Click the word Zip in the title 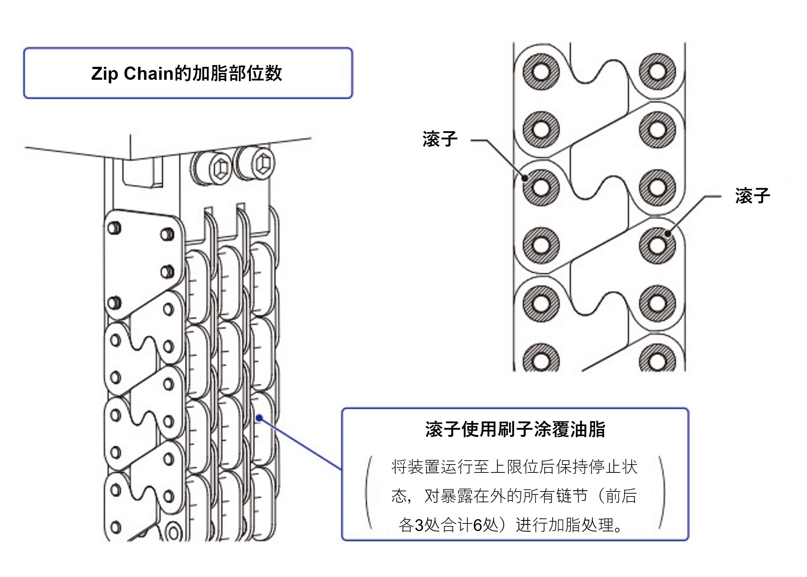point(104,74)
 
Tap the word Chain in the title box point(149,74)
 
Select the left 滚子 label point(440,139)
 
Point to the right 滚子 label point(752,196)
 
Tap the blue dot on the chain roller point(259,418)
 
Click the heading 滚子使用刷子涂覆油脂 point(515,429)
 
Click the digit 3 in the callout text point(419,526)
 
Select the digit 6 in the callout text point(477,526)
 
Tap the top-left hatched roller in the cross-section point(540,72)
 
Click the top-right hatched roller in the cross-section point(657,72)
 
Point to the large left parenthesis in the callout point(369,493)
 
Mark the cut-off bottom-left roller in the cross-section point(540,359)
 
